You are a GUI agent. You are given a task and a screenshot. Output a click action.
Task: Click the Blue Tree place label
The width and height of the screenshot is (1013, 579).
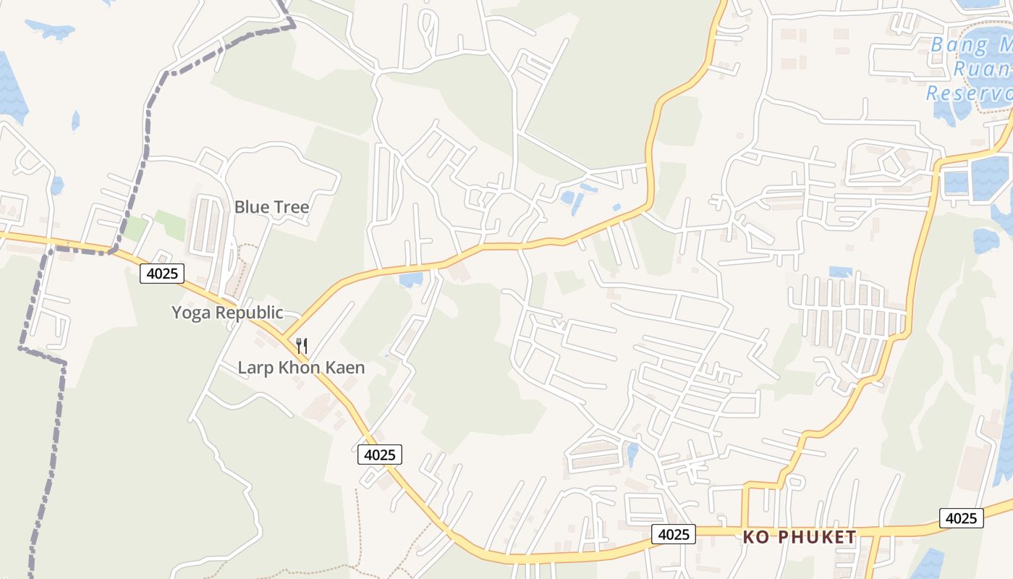tap(271, 207)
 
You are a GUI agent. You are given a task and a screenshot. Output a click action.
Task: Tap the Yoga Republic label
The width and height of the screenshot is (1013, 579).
tap(227, 313)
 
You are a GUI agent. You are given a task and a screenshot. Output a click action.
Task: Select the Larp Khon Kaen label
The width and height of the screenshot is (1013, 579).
tap(301, 368)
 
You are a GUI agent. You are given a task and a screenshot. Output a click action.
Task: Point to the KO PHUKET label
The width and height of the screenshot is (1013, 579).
tap(800, 537)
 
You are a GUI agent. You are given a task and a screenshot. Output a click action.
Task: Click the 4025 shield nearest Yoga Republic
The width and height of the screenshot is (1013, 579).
tap(162, 273)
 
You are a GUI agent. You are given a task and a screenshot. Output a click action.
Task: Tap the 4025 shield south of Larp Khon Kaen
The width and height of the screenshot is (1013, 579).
tap(379, 455)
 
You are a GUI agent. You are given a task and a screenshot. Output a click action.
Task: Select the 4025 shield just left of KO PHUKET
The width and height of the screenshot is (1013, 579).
tap(673, 534)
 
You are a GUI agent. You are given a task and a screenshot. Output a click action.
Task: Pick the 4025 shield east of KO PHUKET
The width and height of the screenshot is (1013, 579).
tap(962, 518)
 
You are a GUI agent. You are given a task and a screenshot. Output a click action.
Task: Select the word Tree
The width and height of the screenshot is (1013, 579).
tap(291, 207)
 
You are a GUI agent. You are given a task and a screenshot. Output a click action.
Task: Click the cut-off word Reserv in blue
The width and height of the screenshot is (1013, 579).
tap(970, 93)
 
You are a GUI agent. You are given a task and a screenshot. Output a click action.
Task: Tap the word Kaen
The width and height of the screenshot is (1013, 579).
tap(344, 368)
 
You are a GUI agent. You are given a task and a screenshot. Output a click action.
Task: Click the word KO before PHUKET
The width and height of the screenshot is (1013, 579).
tap(755, 537)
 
